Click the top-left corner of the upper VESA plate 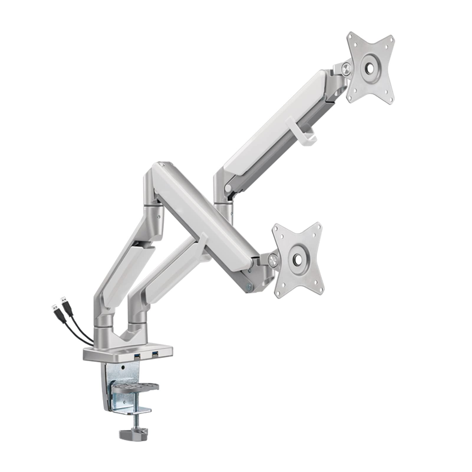pos(350,35)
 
